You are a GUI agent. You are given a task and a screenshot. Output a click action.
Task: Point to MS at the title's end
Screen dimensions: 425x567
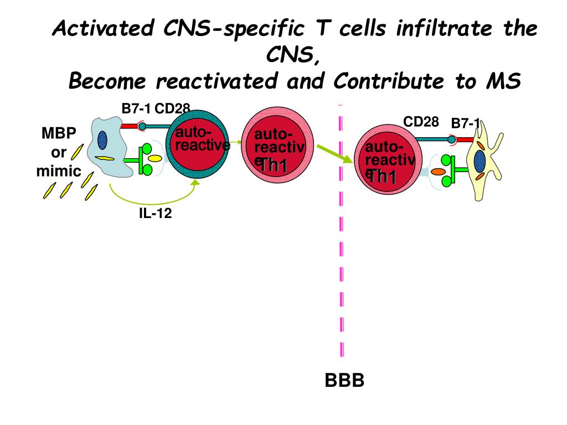(503, 82)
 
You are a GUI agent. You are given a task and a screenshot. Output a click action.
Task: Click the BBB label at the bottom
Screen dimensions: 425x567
(344, 381)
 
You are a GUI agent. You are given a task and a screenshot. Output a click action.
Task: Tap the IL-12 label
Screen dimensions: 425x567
(155, 213)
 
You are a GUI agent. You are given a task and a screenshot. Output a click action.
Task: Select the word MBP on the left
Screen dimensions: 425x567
(59, 134)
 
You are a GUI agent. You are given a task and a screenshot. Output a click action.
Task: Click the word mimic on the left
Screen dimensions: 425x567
(59, 171)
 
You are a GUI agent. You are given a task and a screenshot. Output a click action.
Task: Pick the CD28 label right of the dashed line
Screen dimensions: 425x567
(421, 121)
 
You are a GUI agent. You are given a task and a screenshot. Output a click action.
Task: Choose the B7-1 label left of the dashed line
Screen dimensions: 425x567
(136, 108)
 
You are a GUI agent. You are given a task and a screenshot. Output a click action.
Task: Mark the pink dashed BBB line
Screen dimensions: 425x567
(341, 249)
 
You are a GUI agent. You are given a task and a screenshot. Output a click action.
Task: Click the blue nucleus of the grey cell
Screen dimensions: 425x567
(102, 139)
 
